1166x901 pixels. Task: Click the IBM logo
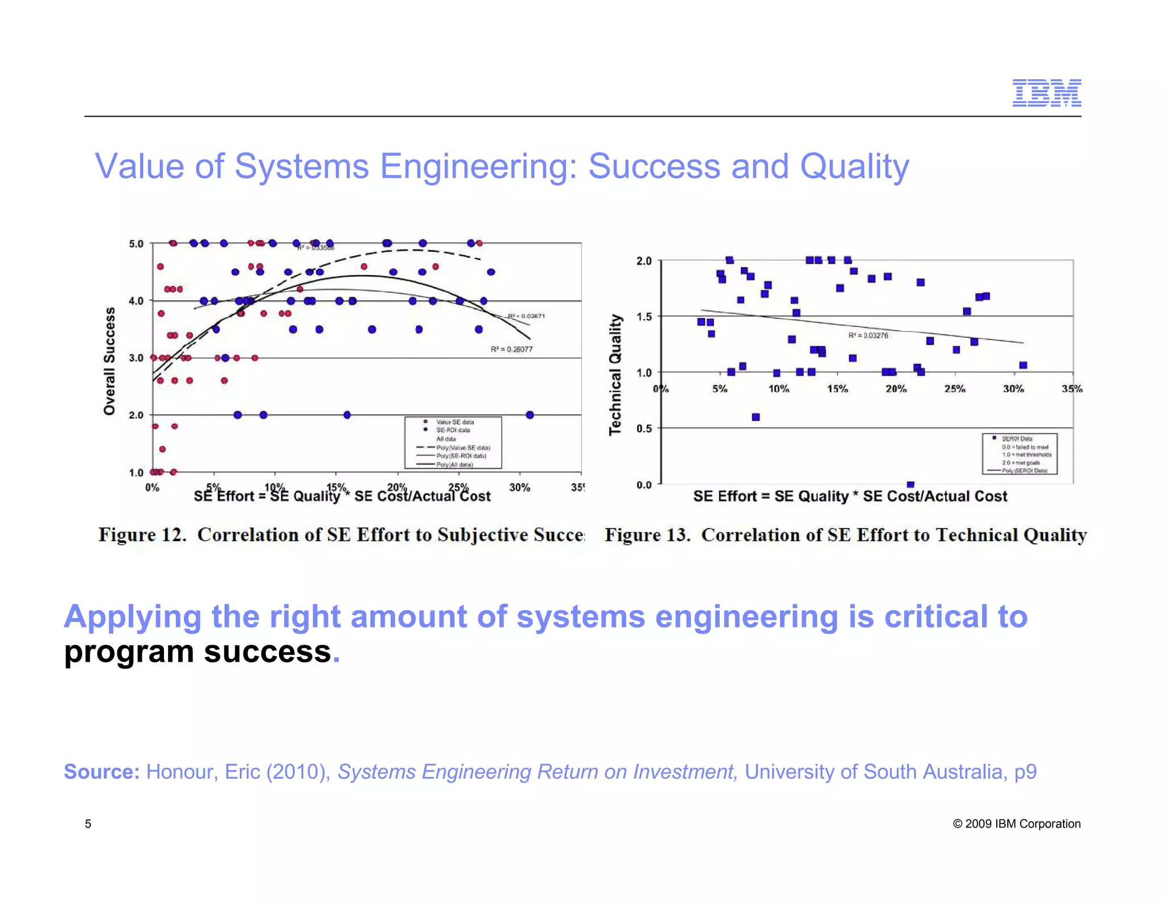coord(1046,93)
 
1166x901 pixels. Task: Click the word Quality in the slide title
coord(854,166)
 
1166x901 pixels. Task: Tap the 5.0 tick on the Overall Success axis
coord(136,244)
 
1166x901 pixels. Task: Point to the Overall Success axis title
coord(109,361)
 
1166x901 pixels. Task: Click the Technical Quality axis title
coord(615,375)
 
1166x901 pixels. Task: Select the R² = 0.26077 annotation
coord(511,349)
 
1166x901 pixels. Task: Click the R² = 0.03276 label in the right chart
coord(868,335)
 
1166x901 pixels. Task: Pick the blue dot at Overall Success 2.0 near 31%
coord(529,415)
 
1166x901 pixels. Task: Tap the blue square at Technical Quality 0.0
coord(910,485)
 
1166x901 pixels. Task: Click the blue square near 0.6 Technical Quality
coord(756,417)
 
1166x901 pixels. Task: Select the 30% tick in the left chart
coord(519,488)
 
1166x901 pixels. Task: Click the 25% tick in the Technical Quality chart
coord(955,389)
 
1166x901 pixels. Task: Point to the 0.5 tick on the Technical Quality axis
coord(644,428)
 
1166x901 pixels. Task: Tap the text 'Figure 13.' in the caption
coord(647,535)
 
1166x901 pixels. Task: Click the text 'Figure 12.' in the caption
coord(142,535)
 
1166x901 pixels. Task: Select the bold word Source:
coord(101,772)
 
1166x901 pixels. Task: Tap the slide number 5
coord(88,824)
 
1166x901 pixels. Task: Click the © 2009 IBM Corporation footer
coord(1016,824)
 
